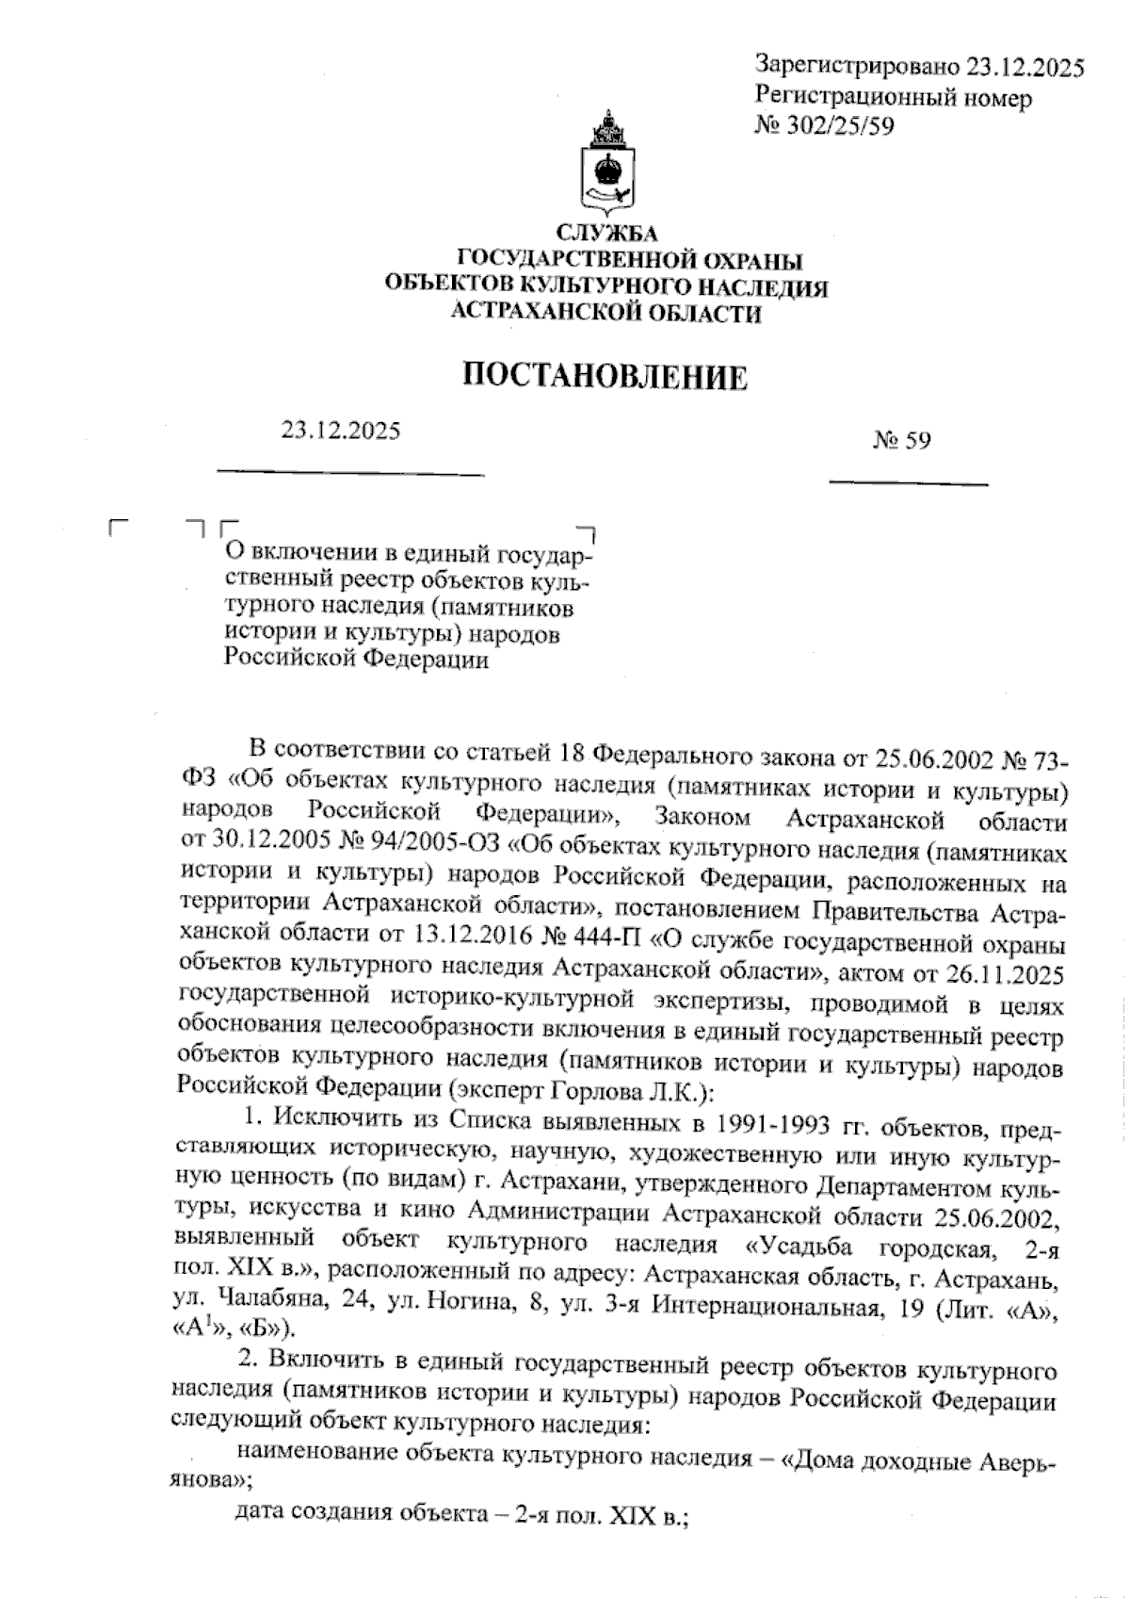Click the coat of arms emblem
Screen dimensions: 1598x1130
pyautogui.click(x=606, y=164)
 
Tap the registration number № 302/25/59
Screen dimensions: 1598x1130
pyautogui.click(x=824, y=124)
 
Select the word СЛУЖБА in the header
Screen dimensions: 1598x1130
pyautogui.click(x=606, y=233)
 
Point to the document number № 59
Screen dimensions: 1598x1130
pyautogui.click(x=901, y=440)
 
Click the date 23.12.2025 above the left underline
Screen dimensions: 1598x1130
pyautogui.click(x=340, y=431)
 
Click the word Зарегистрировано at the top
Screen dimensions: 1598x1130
pyautogui.click(x=856, y=67)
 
